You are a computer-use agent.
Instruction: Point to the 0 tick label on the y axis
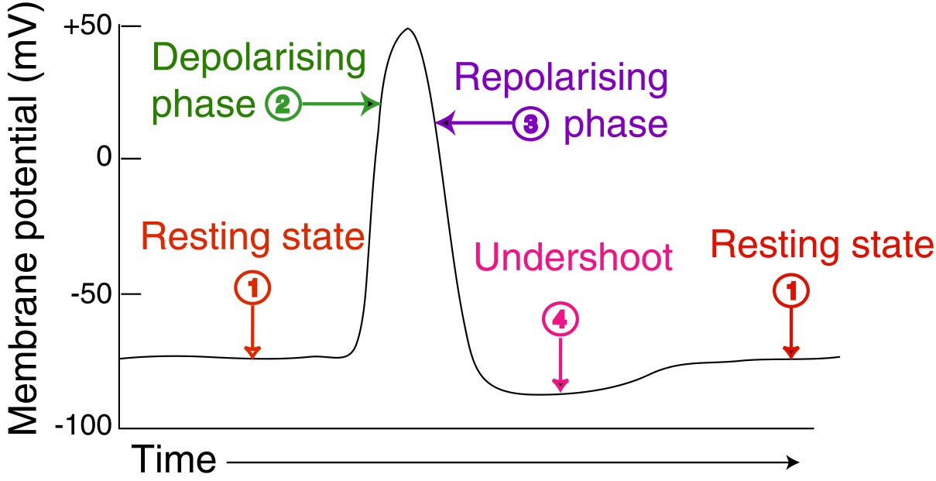[x=105, y=159]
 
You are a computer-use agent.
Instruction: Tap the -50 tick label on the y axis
[x=92, y=295]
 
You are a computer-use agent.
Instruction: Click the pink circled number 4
[x=560, y=320]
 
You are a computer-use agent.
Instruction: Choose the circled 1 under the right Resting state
[x=790, y=291]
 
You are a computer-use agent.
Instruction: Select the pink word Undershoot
[x=574, y=257]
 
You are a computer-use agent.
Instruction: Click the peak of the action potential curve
[x=406, y=29]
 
